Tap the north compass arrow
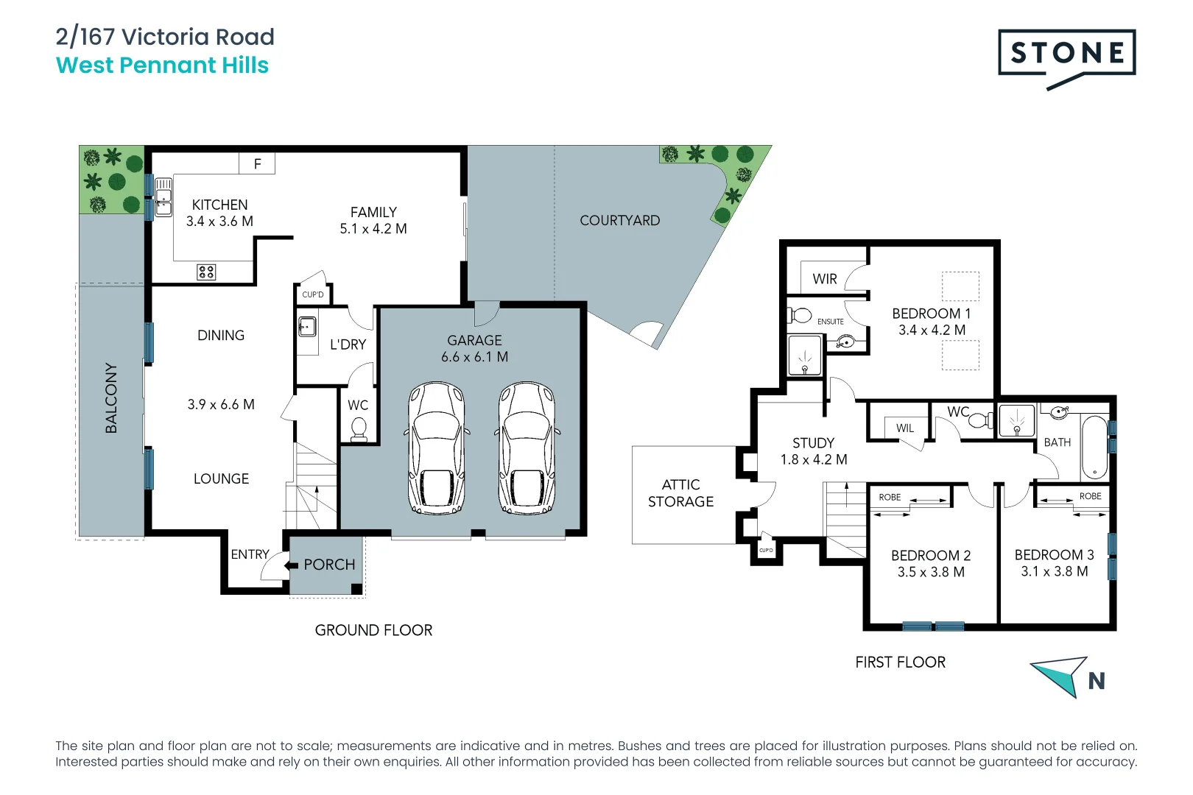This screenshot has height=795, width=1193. point(1061,674)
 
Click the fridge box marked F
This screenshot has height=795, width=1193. point(257,163)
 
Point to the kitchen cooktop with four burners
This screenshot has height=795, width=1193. point(206,272)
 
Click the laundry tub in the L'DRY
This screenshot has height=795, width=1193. point(307,325)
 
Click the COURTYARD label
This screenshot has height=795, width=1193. point(619,220)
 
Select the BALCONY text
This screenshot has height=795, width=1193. point(111,397)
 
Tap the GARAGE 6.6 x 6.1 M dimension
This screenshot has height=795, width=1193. point(474,357)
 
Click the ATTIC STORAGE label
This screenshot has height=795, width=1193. point(680,493)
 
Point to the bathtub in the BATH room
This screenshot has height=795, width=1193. point(1094,448)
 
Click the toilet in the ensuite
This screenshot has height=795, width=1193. point(800,316)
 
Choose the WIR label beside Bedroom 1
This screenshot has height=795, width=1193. point(825,279)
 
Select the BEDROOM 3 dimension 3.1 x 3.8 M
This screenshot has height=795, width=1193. point(1054,571)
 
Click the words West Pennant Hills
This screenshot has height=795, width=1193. point(162,66)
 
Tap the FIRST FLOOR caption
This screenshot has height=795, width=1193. point(900,662)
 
